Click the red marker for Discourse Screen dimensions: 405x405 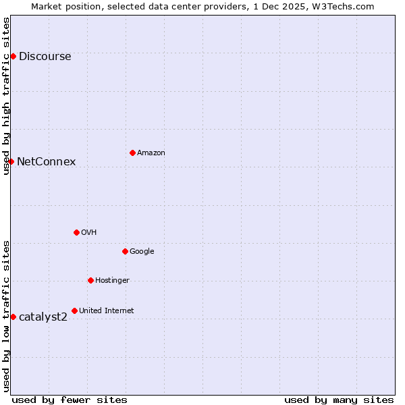13,56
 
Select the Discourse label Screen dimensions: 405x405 45,57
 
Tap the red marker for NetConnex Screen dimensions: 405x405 11,161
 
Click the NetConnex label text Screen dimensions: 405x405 46,162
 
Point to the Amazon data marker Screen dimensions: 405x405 132,153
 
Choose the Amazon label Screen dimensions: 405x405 151,153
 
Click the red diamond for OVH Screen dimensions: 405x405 76,232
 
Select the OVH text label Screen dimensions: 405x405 89,233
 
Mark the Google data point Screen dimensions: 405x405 125,251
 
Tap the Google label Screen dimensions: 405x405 142,252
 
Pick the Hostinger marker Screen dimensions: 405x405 90,280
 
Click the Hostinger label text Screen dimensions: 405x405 112,281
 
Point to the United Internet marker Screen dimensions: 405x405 74,310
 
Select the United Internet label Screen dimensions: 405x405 106,311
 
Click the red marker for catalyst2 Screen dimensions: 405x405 13,317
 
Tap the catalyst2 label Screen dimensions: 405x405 43,317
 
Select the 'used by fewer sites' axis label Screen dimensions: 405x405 70,400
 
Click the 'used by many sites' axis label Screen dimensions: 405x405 339,400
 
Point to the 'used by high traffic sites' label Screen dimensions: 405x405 6,96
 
